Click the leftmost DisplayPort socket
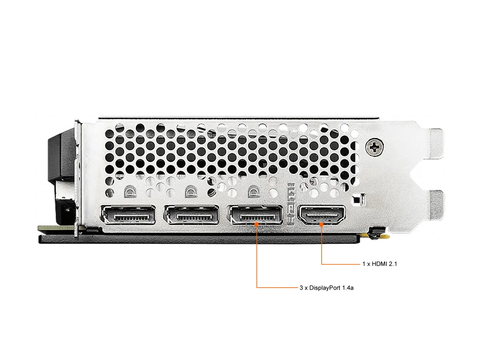(128, 215)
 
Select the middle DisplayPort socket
(192, 215)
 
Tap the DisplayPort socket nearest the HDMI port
(255, 215)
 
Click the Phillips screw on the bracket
(374, 147)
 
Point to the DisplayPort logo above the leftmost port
(130, 192)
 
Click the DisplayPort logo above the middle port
(191, 192)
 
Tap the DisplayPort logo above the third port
(254, 192)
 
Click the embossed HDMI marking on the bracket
(291, 204)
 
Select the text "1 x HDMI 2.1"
(380, 264)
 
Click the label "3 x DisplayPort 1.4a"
(326, 288)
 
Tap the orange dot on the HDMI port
(321, 224)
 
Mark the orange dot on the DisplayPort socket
(256, 224)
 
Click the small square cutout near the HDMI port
(359, 200)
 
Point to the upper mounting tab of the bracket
(436, 143)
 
